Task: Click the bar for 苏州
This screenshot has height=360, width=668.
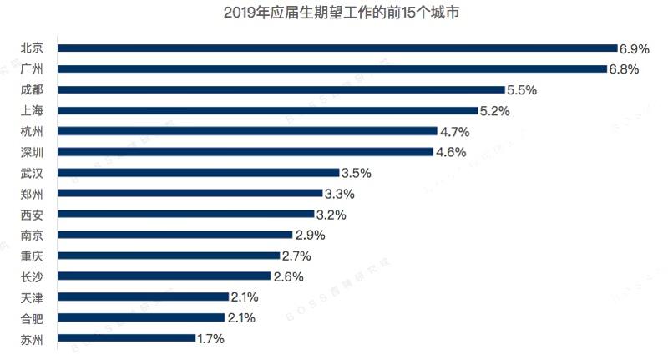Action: tap(126, 338)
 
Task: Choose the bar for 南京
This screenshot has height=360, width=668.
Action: tap(175, 235)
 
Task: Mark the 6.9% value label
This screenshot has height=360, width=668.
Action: tap(634, 48)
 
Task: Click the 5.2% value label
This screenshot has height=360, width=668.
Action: tap(494, 110)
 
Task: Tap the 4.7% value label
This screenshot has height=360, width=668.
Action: tap(455, 131)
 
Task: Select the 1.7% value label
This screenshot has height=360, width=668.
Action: tap(210, 338)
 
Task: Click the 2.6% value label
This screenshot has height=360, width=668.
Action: tap(287, 276)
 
